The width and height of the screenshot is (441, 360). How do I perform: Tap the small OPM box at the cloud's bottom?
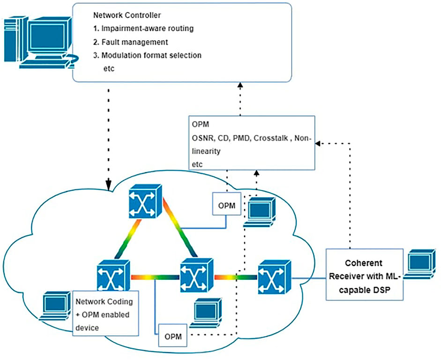[173, 336]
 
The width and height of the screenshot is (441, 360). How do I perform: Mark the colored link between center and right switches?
[235, 277]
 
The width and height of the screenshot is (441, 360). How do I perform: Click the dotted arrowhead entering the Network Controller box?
[240, 84]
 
